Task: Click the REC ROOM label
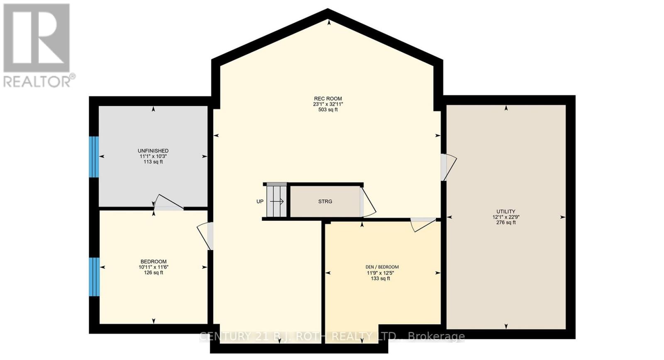pos(328,99)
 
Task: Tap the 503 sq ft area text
pos(328,110)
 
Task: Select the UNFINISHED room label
pos(153,151)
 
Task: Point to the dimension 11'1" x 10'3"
pos(153,156)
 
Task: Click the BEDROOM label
pos(154,262)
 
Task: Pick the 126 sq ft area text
pos(154,273)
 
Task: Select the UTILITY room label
pos(506,212)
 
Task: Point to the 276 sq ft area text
pos(506,223)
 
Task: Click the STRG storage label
pos(325,202)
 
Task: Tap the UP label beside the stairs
pos(260,202)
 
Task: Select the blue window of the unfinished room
pos(95,156)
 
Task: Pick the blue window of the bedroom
pos(95,276)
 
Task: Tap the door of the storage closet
pos(367,202)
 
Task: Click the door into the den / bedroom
pos(422,224)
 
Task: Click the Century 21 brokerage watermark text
pos(332,336)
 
